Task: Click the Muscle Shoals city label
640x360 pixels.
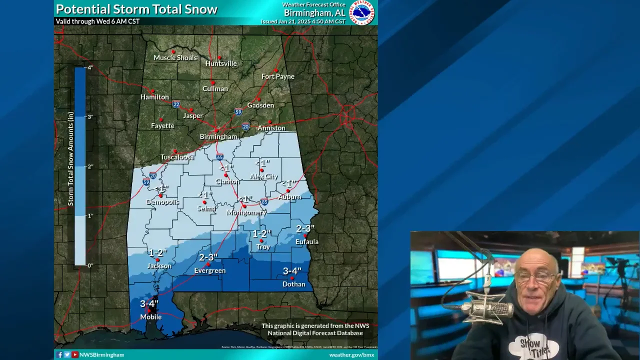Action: click(175, 58)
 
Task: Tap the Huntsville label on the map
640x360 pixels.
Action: click(221, 64)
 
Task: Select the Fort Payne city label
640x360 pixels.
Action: click(278, 76)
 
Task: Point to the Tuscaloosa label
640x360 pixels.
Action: click(177, 157)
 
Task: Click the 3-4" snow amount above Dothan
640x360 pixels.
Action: click(292, 271)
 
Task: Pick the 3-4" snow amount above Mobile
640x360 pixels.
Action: click(149, 304)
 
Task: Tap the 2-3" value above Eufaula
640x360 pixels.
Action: click(305, 229)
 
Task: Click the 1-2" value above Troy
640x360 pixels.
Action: click(261, 234)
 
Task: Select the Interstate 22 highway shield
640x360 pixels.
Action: click(176, 104)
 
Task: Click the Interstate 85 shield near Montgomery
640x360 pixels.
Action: click(264, 202)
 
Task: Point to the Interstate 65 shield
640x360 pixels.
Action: click(220, 157)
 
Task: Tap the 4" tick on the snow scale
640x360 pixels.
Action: click(90, 67)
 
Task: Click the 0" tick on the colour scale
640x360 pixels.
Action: click(90, 265)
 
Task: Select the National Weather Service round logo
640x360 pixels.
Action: click(361, 12)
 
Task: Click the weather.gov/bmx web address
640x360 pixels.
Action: click(351, 355)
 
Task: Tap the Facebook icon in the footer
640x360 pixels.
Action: click(59, 355)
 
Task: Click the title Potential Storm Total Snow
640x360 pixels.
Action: click(136, 9)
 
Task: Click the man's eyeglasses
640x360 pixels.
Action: click(534, 276)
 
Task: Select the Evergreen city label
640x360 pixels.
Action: click(210, 271)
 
